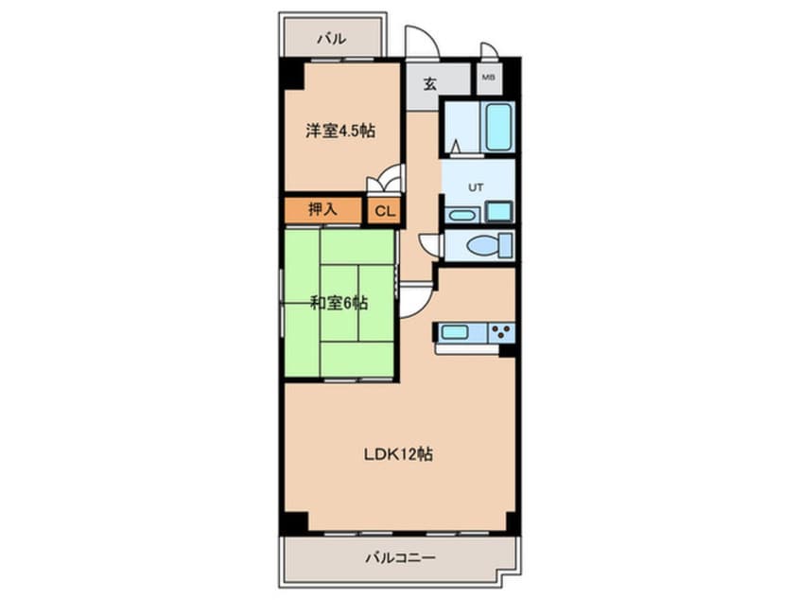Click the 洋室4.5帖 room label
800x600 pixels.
[340, 131]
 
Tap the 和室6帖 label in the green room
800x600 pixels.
[339, 304]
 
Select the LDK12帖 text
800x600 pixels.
[398, 454]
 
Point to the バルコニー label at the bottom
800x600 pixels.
[401, 557]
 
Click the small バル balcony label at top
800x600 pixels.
[332, 38]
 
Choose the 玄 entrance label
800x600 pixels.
[430, 83]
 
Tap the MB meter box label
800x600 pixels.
[489, 78]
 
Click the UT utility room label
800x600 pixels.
[476, 187]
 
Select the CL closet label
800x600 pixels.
[385, 211]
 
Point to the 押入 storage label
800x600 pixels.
[322, 209]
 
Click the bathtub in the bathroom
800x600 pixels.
[498, 127]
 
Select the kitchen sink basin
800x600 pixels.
[455, 332]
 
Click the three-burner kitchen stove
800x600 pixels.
[501, 332]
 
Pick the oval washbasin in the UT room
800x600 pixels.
[461, 215]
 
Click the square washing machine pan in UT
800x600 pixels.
[498, 211]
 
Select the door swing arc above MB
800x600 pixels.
[490, 48]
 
